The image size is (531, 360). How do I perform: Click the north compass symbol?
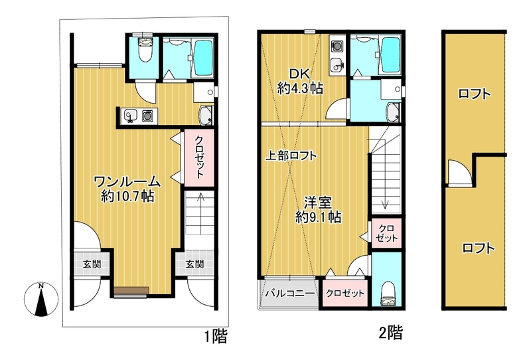click(x=41, y=300)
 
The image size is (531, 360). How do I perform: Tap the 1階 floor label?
click(x=216, y=337)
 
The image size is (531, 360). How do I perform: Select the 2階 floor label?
click(x=391, y=332)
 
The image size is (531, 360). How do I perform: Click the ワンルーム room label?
click(x=127, y=182)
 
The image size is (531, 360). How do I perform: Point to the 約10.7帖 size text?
click(x=127, y=196)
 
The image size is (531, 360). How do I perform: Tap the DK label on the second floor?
click(x=299, y=74)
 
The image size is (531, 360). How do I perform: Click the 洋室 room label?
click(x=317, y=203)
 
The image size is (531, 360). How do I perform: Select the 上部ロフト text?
click(x=291, y=155)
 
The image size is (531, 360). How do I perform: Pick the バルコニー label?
click(x=290, y=293)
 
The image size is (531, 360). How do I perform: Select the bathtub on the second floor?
click(x=391, y=54)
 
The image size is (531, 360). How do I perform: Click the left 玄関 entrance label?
click(x=92, y=264)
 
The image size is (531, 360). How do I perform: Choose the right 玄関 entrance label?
click(x=194, y=264)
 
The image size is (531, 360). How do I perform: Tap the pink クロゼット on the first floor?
click(x=199, y=157)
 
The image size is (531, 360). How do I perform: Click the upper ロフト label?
click(x=474, y=94)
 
